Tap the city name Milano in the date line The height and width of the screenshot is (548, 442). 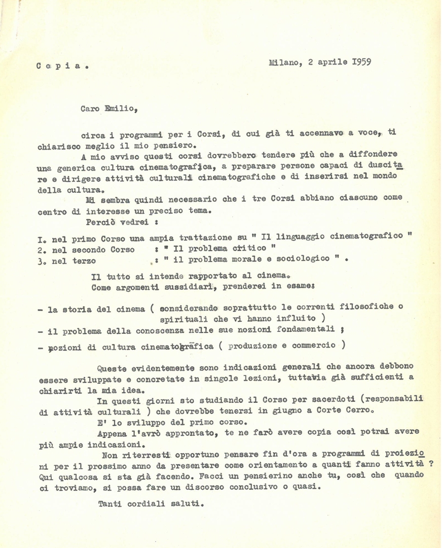[x=285, y=63]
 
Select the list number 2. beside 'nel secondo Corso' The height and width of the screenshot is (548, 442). [x=42, y=250]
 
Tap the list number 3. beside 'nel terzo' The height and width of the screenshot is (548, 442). [x=42, y=261]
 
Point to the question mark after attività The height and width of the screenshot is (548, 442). [x=430, y=464]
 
